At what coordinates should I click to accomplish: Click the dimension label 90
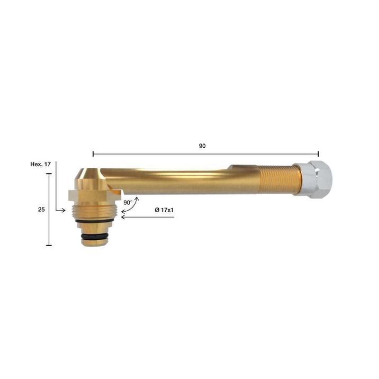click(x=202, y=146)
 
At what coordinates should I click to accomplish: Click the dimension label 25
click(x=41, y=209)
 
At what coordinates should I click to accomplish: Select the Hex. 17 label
click(x=41, y=164)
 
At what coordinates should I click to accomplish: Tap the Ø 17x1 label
click(x=164, y=210)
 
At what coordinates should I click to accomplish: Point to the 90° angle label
click(x=128, y=203)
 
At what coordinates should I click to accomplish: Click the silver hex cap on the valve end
click(x=313, y=179)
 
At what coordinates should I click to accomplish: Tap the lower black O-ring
click(x=94, y=236)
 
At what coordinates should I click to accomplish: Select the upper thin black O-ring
click(x=95, y=221)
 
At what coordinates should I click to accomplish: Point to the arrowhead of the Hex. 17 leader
click(x=64, y=210)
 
